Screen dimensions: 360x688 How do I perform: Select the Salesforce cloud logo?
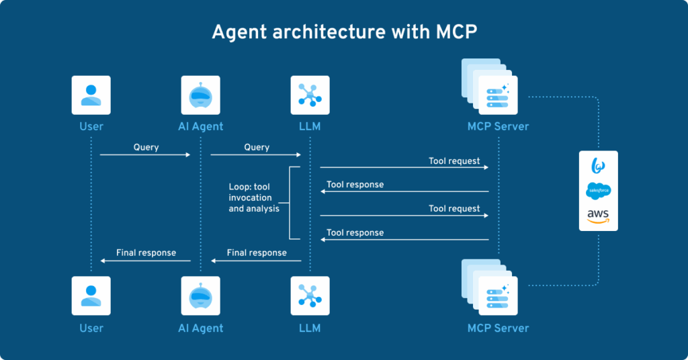(598, 191)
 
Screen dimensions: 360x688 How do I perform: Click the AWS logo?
(598, 216)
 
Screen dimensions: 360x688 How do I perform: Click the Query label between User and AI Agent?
(146, 147)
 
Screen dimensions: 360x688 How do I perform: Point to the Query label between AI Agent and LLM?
(257, 147)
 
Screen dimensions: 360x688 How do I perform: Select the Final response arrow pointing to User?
(145, 261)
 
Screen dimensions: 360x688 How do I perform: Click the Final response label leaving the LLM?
(257, 253)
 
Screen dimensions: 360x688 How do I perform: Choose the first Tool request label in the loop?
(454, 161)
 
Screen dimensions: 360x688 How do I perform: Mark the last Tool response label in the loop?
(355, 232)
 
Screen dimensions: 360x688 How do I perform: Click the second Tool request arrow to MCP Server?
(404, 216)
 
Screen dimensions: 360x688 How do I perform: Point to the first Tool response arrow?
(404, 192)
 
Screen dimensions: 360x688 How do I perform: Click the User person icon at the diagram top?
(91, 95)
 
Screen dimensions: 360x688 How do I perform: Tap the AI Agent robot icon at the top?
(200, 95)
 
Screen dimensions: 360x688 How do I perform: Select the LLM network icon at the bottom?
(310, 296)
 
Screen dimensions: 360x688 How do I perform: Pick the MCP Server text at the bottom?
(498, 328)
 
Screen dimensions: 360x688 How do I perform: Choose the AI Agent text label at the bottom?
(200, 328)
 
